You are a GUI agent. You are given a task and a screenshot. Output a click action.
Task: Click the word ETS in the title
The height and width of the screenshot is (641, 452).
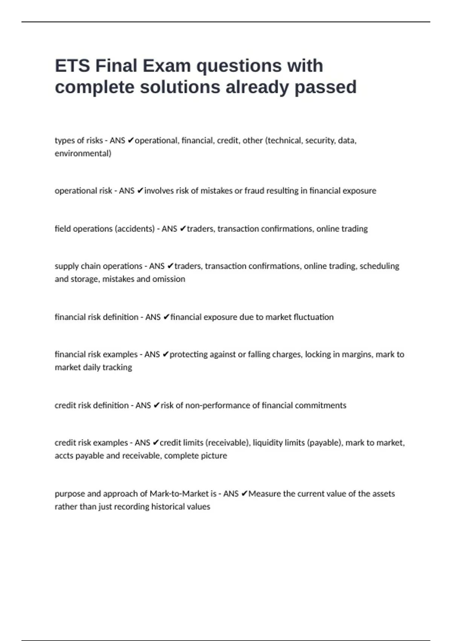pos(73,66)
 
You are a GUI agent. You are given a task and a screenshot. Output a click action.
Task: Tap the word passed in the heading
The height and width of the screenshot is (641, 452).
pos(325,87)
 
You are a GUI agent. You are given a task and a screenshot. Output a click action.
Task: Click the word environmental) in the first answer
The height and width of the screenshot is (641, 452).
pos(83,153)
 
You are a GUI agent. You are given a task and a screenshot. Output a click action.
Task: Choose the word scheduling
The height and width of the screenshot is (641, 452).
pos(379,266)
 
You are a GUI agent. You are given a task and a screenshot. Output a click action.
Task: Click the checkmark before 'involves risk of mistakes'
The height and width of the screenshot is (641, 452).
pos(140,191)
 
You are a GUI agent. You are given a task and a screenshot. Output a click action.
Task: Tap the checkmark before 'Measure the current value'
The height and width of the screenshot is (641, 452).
pos(244,494)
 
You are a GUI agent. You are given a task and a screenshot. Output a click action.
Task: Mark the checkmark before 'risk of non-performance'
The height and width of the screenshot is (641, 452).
pos(156,405)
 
